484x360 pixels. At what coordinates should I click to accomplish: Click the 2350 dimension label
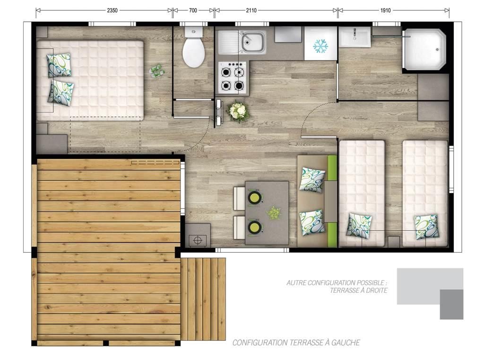coord(112,10)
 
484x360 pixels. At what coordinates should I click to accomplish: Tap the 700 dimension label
coord(193,10)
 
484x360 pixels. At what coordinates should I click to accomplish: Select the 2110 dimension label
coord(251,10)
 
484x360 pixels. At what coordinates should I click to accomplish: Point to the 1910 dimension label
coord(385,10)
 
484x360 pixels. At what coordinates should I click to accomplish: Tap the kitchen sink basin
coord(253,42)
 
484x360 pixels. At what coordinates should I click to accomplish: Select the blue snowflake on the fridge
coord(320,46)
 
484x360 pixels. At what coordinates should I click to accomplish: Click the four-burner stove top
coord(233,77)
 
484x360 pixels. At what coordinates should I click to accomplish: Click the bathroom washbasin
coord(354,37)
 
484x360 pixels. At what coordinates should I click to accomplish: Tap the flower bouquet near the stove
coord(238,111)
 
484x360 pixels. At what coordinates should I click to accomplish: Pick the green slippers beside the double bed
coord(157,71)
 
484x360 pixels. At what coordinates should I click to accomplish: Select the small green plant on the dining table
coord(274,213)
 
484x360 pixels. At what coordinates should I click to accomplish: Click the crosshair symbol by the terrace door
coord(198,240)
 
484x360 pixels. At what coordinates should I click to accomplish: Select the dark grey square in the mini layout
coord(451,304)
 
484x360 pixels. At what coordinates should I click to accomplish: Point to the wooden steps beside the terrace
coord(203,299)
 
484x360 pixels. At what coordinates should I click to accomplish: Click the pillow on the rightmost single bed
coord(426,227)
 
